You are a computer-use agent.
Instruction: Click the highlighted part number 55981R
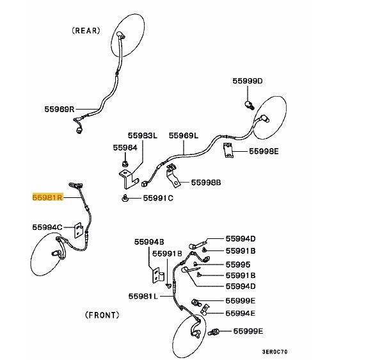coord(47,197)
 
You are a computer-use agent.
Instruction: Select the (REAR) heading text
coord(86,31)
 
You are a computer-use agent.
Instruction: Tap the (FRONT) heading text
coord(102,315)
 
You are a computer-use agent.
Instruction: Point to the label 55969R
coord(60,109)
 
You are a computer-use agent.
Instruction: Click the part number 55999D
coord(248,81)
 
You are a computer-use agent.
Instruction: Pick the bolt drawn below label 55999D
coord(250,105)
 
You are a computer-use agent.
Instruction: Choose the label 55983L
coord(143,136)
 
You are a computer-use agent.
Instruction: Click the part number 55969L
coord(184,136)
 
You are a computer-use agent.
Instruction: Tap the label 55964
coord(125,147)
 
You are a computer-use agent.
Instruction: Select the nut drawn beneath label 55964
coord(125,164)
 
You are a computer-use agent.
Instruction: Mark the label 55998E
coord(264,151)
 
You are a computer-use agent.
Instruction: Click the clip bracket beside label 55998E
coord(228,151)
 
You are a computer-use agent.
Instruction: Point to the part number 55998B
coord(206,183)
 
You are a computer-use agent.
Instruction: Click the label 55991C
coord(158,198)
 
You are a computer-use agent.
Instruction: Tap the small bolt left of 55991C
coord(125,198)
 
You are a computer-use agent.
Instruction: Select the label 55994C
coord(47,227)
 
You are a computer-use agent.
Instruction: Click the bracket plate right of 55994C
coord(79,231)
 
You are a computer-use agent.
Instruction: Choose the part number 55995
coord(238,265)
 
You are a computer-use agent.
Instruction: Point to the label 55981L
coord(143,296)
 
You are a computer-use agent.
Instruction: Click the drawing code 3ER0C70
coord(274,352)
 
